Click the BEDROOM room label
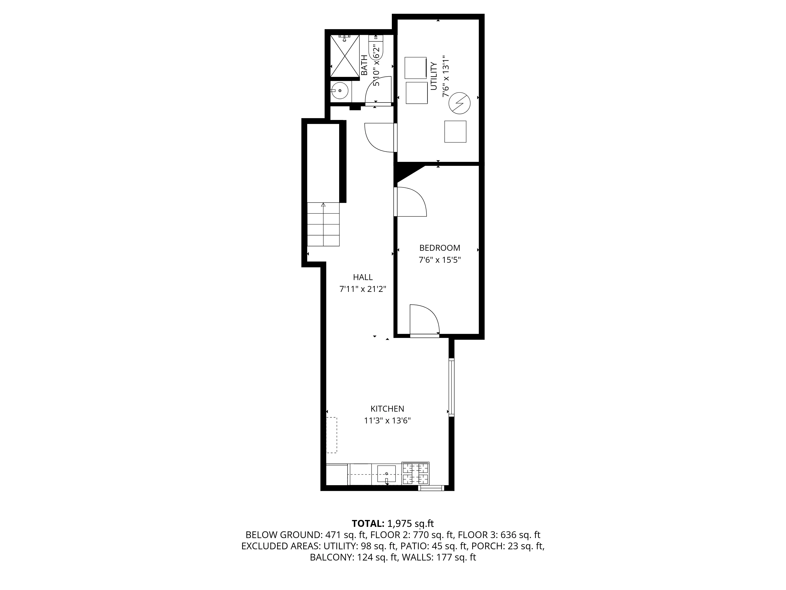coord(440,248)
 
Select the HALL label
coord(363,277)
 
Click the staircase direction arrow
coord(323,205)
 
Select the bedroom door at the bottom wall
coord(425,320)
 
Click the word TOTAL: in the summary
coord(368,524)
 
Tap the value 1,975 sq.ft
coord(410,524)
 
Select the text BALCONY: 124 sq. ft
coord(354,557)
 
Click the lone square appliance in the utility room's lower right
coord(455,132)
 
